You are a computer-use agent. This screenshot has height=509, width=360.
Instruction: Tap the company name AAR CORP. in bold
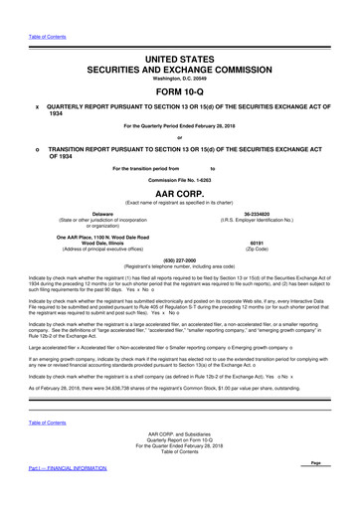tap(180, 195)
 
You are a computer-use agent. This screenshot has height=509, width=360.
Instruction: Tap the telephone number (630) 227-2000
tap(179, 261)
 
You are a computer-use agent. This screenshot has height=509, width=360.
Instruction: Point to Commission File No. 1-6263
tap(179, 178)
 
